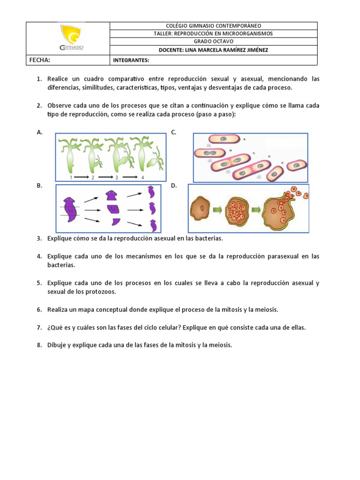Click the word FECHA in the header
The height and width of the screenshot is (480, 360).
[x=40, y=60]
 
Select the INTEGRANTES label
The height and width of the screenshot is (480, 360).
[x=131, y=60]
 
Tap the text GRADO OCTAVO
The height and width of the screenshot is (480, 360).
[x=213, y=42]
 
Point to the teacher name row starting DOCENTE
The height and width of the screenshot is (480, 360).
[x=213, y=50]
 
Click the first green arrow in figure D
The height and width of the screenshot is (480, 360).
[x=217, y=209]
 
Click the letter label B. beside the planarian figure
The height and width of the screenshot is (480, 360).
[x=39, y=186]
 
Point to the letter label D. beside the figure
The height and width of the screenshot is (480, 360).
[x=173, y=186]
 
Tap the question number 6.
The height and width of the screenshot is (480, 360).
[x=39, y=310]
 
